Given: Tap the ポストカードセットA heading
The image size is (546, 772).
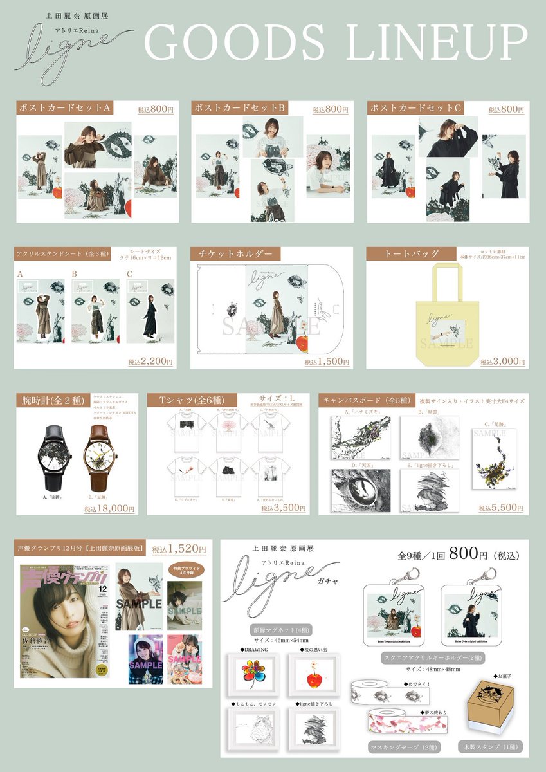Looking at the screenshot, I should point(65,109).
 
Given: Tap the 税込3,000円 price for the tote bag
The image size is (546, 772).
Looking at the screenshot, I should point(503,362).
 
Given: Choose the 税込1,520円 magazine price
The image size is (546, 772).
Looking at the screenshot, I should point(179,549).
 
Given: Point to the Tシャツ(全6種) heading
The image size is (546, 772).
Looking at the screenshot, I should point(190,401).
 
